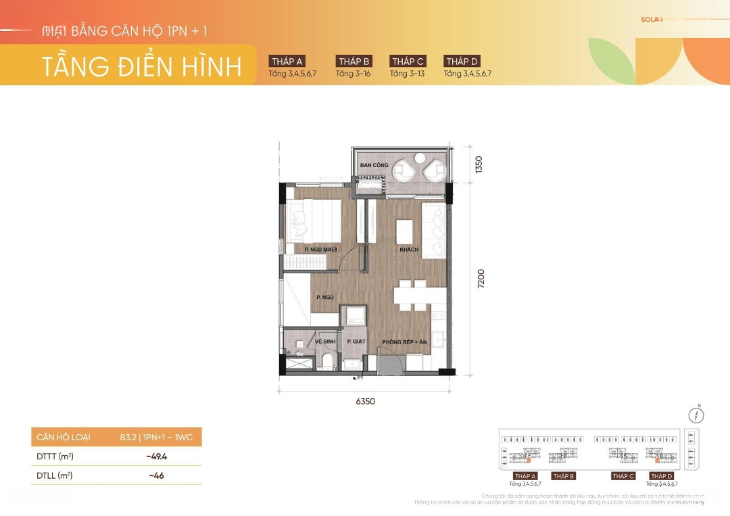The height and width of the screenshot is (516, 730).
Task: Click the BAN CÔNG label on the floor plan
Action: tap(373, 165)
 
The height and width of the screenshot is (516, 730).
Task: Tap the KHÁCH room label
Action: tap(409, 250)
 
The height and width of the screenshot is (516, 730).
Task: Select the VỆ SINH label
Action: tap(325, 342)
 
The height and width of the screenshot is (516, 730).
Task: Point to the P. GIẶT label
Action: tap(356, 342)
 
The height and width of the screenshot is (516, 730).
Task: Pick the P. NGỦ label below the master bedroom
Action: tap(325, 297)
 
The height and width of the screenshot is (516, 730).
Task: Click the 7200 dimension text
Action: tap(481, 279)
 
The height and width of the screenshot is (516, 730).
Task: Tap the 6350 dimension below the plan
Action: tap(365, 401)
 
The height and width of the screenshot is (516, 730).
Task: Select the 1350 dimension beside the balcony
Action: tap(479, 166)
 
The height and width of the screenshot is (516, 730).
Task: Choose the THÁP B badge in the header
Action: tap(354, 62)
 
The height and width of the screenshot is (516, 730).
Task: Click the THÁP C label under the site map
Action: tap(623, 476)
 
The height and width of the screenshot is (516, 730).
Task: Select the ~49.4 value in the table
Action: tap(156, 456)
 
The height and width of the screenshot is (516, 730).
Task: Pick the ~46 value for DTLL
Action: tap(156, 475)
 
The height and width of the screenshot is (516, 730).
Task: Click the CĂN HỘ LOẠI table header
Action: tap(64, 438)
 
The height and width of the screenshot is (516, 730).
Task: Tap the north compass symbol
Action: tap(696, 415)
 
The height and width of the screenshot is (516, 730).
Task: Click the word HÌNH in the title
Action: tap(210, 67)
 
